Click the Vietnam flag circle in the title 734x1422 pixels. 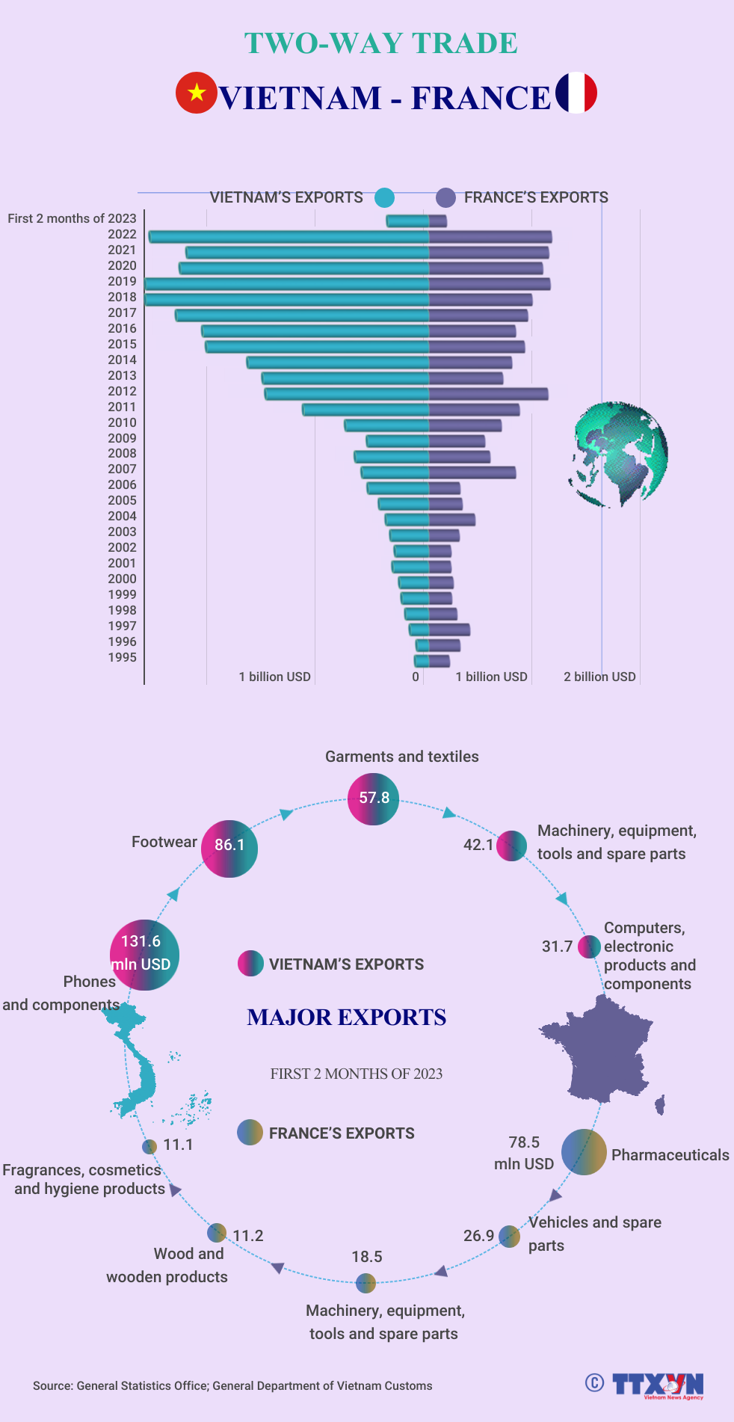[x=196, y=93]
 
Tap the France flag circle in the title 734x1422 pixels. [x=576, y=93]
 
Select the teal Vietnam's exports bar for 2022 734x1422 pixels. [x=289, y=237]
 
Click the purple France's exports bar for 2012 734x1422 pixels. [x=488, y=394]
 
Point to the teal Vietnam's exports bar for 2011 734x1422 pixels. [x=366, y=410]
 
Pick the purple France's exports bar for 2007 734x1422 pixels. [x=472, y=473]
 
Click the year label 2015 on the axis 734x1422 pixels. [x=122, y=344]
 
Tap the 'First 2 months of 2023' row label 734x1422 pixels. [x=73, y=218]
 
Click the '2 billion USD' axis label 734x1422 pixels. [x=599, y=677]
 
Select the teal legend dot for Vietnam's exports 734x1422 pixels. [x=384, y=197]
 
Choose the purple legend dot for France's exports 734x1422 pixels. [x=445, y=197]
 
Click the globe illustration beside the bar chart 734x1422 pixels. [x=619, y=454]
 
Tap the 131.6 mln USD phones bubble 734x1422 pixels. [x=144, y=955]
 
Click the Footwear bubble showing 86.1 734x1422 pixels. [x=229, y=848]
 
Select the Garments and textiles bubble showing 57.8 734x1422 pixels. [x=374, y=798]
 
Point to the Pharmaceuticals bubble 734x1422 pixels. [x=584, y=1151]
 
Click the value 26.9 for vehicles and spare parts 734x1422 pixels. [x=478, y=1236]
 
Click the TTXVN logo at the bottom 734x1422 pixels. [x=658, y=1385]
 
